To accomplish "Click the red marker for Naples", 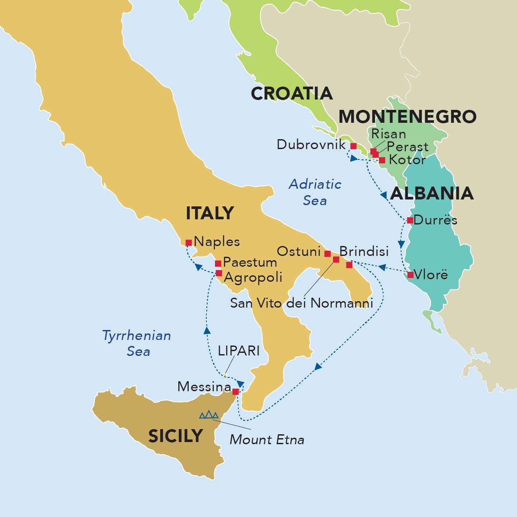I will click(x=188, y=243).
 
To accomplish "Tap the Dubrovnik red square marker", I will click(x=353, y=146).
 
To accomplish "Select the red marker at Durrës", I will click(x=410, y=220).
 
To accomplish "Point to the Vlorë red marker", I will click(x=410, y=274).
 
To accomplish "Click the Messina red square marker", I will click(x=235, y=392).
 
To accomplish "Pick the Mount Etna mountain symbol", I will click(x=209, y=415).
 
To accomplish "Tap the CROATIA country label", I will click(x=292, y=93).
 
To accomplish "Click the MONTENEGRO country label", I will click(x=407, y=116).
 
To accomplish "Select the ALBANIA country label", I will click(x=432, y=193).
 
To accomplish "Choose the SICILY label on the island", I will click(x=175, y=436).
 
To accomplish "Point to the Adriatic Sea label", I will click(x=315, y=192).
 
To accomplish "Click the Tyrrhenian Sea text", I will click(x=137, y=343).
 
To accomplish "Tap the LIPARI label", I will click(x=239, y=351).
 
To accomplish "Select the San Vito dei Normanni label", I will click(x=302, y=303).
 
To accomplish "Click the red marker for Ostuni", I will click(x=327, y=253).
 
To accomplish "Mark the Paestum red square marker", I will click(x=218, y=263).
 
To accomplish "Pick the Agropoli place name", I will click(x=253, y=277).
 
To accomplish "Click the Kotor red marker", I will click(x=382, y=160).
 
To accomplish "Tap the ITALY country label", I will click(x=209, y=213).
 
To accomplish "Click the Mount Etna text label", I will click(x=267, y=440).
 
